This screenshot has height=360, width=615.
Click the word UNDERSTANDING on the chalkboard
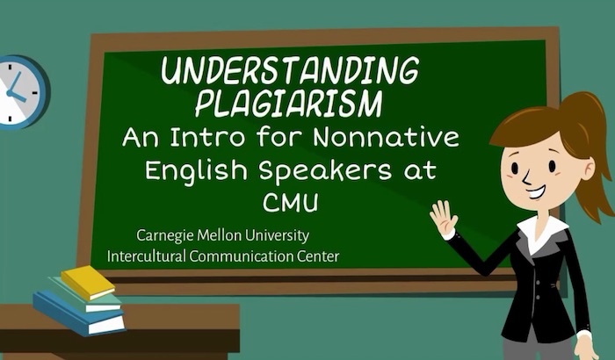click(x=290, y=70)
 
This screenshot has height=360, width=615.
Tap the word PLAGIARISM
click(x=289, y=104)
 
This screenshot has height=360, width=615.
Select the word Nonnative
click(x=386, y=137)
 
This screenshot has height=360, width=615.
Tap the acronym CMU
click(x=290, y=203)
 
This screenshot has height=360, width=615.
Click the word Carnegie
click(x=165, y=236)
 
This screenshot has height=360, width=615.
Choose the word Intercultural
click(x=146, y=256)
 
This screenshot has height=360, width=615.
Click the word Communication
click(x=242, y=256)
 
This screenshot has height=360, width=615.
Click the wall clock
click(x=22, y=92)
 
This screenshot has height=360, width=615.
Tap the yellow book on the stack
click(x=88, y=282)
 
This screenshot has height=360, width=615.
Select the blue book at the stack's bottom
click(x=78, y=313)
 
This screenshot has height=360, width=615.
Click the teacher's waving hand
click(x=443, y=218)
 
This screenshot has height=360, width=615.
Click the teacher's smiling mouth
click(x=537, y=191)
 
